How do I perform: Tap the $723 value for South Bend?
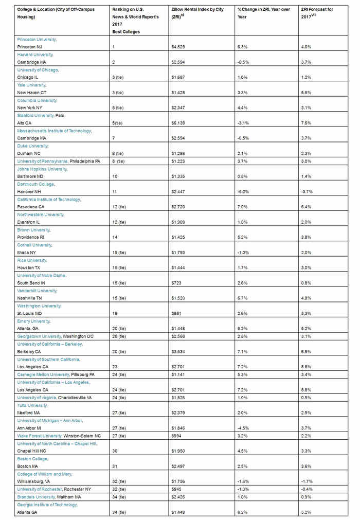pos(176,283)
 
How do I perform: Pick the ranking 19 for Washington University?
pos(115,313)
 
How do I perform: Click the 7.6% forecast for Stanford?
pos(307,123)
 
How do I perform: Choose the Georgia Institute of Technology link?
pos(47,505)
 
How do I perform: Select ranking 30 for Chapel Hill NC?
pos(115,451)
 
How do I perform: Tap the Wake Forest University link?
pos(39,436)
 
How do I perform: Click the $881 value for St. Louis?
pos(176,313)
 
